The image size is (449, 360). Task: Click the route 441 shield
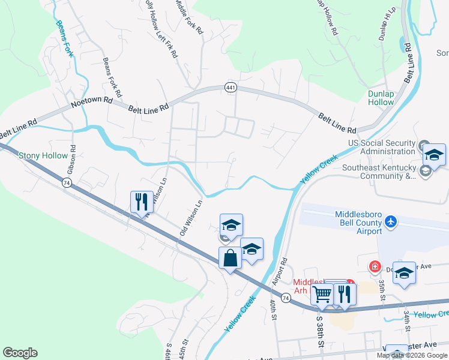pyautogui.click(x=231, y=88)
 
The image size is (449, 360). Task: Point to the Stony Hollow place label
pyautogui.click(x=43, y=156)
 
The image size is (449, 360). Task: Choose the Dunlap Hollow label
pyautogui.click(x=381, y=98)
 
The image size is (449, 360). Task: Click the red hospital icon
pyautogui.click(x=375, y=265)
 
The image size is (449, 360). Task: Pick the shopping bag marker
pyautogui.click(x=231, y=259)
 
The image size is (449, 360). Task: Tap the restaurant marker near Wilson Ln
pyautogui.click(x=142, y=202)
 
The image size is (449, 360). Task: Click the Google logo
pyautogui.click(x=20, y=353)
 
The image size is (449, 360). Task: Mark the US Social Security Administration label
pyautogui.click(x=382, y=148)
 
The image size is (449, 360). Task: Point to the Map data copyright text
pyautogui.click(x=412, y=355)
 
